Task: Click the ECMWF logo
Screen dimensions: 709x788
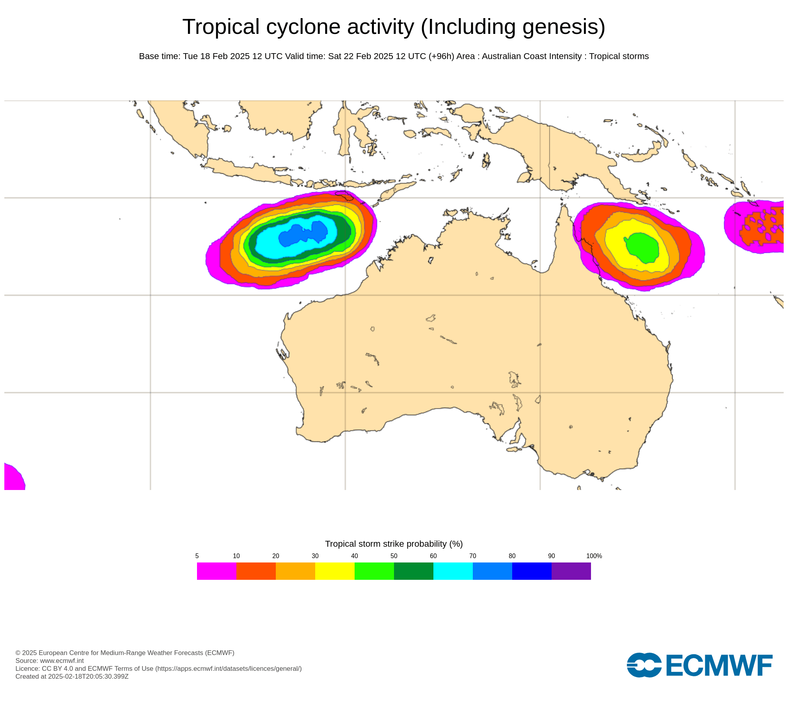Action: tap(699, 665)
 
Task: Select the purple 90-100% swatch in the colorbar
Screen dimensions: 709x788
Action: tap(571, 571)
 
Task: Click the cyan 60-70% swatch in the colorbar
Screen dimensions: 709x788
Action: tap(453, 571)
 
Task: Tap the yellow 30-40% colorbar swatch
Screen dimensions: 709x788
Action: tap(335, 571)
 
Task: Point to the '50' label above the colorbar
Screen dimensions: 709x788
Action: tap(394, 556)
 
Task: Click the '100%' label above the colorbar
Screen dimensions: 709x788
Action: tap(594, 556)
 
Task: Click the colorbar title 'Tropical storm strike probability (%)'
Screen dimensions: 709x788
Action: tap(394, 544)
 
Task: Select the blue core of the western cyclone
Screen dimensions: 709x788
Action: tap(301, 235)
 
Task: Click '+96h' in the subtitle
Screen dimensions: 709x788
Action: tap(441, 56)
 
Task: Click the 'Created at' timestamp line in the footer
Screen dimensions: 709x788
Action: tap(72, 676)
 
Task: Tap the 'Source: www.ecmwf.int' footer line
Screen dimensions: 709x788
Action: tap(49, 661)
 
